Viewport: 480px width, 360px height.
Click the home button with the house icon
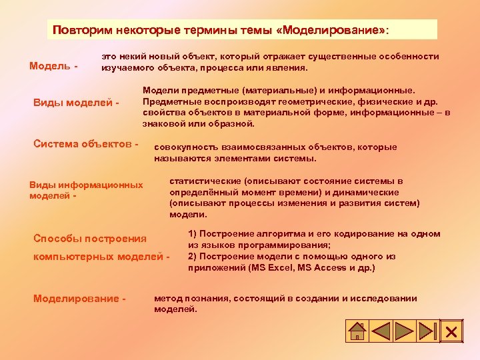pyautogui.click(x=357, y=331)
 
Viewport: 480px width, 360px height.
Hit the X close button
pyautogui.click(x=451, y=331)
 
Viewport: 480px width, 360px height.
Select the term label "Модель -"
pyautogui.click(x=53, y=66)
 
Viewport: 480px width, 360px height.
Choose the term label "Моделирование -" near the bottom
pyautogui.click(x=79, y=298)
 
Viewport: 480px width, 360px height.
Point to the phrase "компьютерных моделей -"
pyautogui.click(x=101, y=256)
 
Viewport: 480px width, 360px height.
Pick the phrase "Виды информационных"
pyautogui.click(x=86, y=185)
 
